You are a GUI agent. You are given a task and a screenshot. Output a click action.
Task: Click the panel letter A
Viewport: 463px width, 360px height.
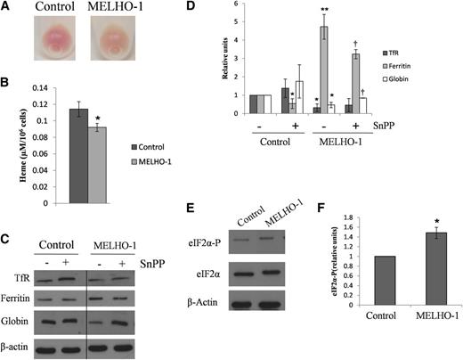click(7, 9)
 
